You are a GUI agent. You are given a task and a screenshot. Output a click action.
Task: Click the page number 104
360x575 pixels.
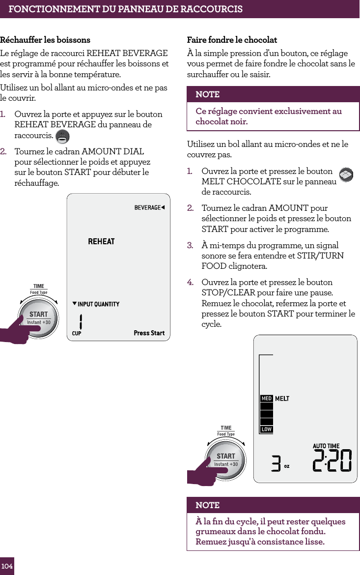[x=7, y=566]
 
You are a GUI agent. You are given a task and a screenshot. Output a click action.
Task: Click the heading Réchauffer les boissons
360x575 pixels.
[x=45, y=40]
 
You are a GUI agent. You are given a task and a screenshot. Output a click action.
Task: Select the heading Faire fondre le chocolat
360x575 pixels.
[x=232, y=40]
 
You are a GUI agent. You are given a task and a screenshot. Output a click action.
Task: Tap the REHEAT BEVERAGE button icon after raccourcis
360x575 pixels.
[x=62, y=136]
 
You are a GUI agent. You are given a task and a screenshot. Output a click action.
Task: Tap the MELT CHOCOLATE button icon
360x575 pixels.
[x=346, y=174]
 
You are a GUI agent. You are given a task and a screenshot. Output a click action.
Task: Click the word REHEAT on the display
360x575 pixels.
[x=101, y=241]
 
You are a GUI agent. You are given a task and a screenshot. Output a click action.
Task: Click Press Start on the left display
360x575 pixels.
[x=149, y=333]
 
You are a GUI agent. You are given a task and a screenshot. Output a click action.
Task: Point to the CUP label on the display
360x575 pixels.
[x=77, y=334]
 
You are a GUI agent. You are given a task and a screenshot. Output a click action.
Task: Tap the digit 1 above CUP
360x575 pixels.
[x=81, y=322]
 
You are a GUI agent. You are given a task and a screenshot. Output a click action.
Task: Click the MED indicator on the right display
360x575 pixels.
[x=266, y=399]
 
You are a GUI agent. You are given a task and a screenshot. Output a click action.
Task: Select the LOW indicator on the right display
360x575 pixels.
[x=266, y=430]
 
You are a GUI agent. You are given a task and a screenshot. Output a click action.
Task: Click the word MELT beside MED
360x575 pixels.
[x=282, y=399]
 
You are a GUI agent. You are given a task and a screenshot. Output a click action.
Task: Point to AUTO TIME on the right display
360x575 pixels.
[x=326, y=446]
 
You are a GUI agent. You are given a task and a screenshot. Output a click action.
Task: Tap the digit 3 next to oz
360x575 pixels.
[x=277, y=463]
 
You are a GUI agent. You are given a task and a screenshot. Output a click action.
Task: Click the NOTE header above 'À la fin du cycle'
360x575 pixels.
[x=208, y=505]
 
